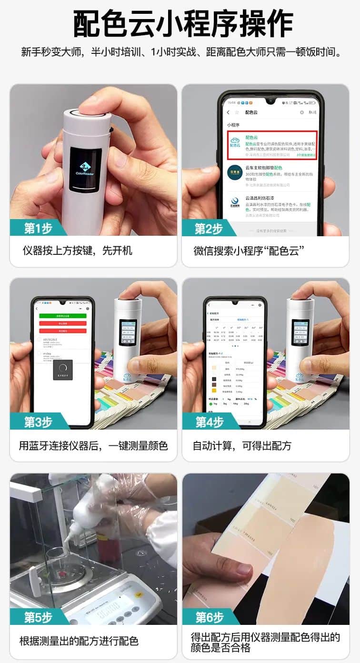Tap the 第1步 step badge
coord(37,228)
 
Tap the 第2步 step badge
coord(209,228)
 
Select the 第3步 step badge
coord(37,422)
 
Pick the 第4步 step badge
coord(209,422)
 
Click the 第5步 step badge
coord(37,617)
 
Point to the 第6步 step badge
coord(209,617)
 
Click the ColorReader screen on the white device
coord(86,169)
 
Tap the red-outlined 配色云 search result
coord(272,146)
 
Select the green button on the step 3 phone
coord(62,315)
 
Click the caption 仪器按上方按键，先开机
coord(78,251)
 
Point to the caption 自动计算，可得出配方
coord(242,446)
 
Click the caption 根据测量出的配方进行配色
coord(79,641)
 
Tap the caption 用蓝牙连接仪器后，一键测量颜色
coord(93,446)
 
